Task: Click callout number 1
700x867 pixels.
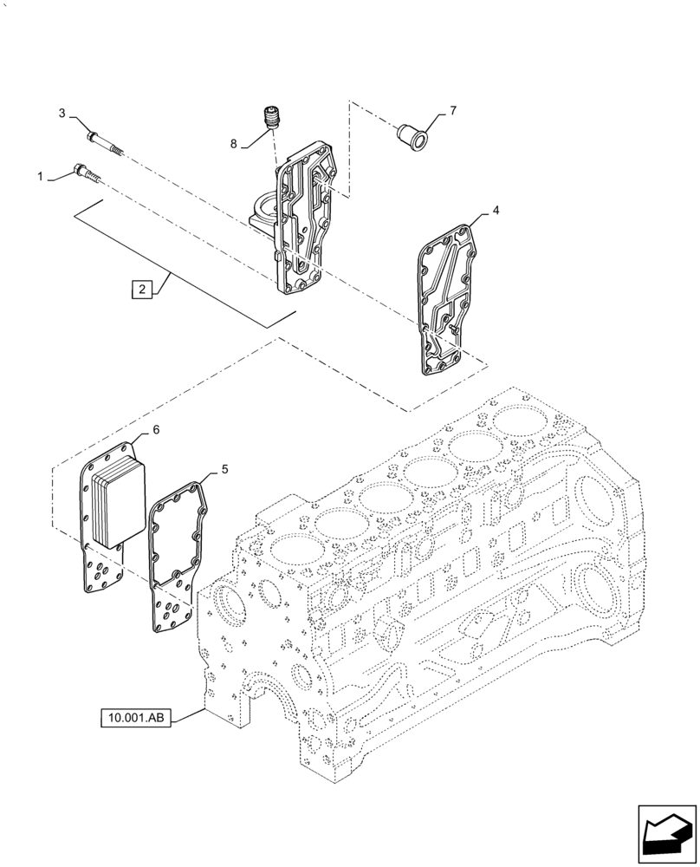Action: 40,177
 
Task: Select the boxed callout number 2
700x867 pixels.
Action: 140,290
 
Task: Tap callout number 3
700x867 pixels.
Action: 62,113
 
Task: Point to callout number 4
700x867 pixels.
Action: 495,211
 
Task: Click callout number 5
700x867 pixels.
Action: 224,469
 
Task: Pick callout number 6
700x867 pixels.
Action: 156,429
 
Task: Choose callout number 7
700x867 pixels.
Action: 451,111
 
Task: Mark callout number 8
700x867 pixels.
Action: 234,144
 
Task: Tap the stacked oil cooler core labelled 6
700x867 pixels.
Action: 116,503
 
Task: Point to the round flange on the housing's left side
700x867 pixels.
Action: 261,212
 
